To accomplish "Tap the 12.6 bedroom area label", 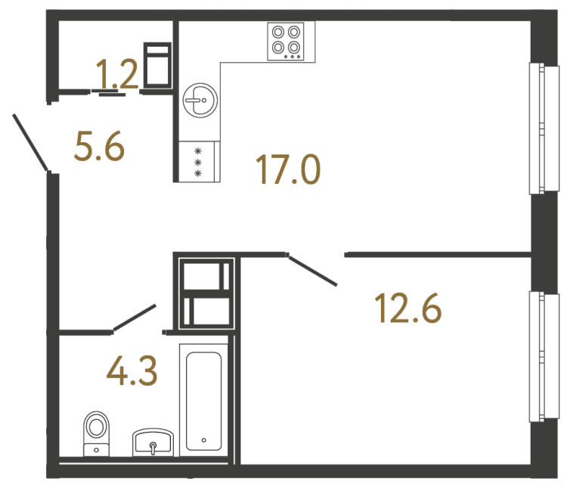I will pyautogui.click(x=408, y=308).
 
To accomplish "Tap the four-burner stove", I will pyautogui.click(x=287, y=41).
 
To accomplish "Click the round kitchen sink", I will pyautogui.click(x=200, y=99).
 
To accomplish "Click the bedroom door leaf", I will pyautogui.click(x=313, y=270).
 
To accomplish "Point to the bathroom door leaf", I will pyautogui.click(x=135, y=318).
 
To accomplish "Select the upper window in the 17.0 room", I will pyautogui.click(x=537, y=128).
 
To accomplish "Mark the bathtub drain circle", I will pyautogui.click(x=203, y=439).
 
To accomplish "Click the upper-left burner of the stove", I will pyautogui.click(x=278, y=33).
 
